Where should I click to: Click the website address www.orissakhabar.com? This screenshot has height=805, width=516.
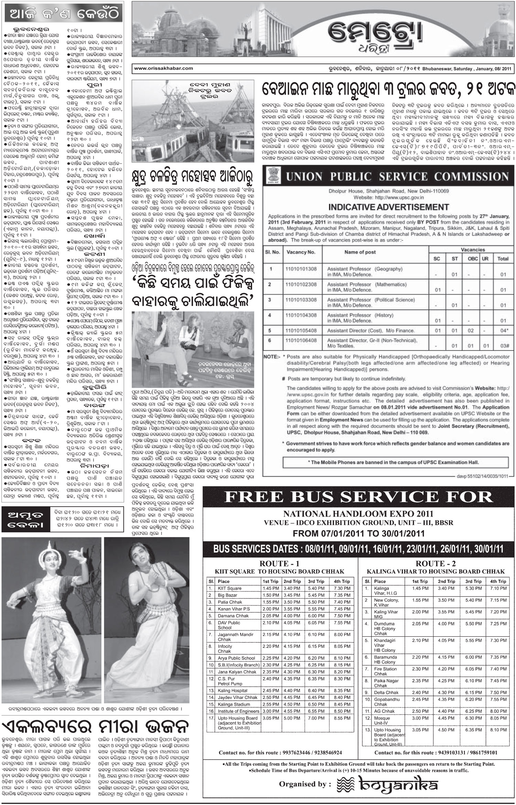click(x=163, y=68)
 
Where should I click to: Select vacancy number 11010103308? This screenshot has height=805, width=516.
click(x=301, y=300)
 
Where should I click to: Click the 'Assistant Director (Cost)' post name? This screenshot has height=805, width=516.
click(x=355, y=331)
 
